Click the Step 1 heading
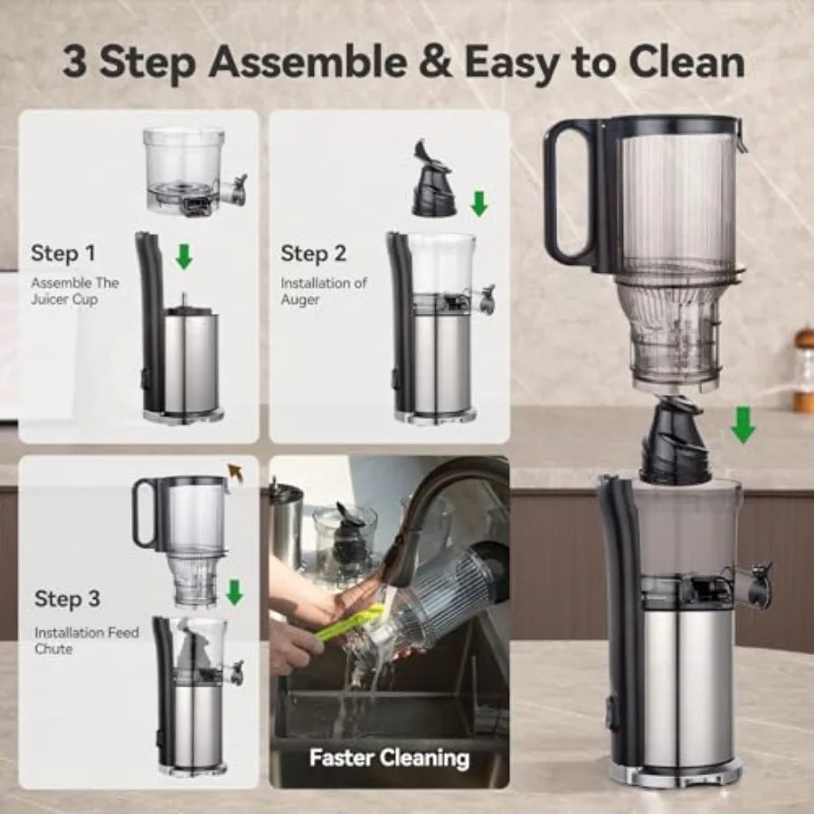click(62, 253)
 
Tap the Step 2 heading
click(313, 253)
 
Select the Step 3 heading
click(67, 599)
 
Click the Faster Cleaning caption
click(389, 757)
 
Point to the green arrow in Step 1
click(184, 257)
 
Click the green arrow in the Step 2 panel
click(478, 203)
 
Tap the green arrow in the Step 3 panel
click(234, 592)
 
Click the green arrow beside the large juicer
click(743, 425)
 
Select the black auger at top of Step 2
click(433, 181)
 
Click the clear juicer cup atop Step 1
click(185, 167)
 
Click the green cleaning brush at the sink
click(348, 624)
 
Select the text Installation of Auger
click(323, 291)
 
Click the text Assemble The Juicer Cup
click(74, 291)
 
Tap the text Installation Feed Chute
click(87, 640)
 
